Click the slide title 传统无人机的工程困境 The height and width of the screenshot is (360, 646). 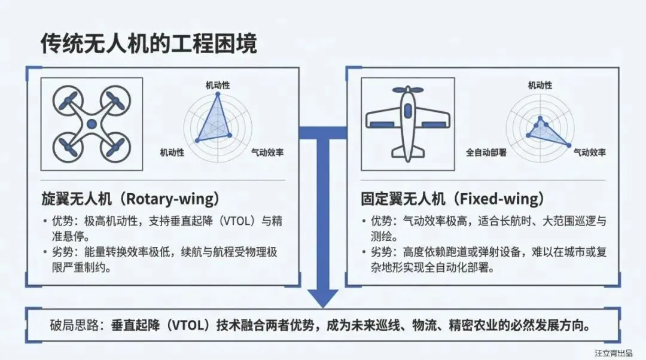coord(149,44)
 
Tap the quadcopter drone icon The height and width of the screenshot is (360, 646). coord(92,124)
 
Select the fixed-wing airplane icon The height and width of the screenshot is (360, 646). coord(407,124)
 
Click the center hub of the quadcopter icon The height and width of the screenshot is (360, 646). coord(92,124)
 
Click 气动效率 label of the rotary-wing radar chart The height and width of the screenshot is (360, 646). coord(267,152)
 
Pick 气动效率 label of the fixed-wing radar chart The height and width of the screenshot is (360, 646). coord(589,152)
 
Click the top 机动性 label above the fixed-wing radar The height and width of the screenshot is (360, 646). coord(540,86)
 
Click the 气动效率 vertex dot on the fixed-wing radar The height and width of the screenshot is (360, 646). coord(566,145)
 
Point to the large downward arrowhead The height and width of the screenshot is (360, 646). coord(323,297)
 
